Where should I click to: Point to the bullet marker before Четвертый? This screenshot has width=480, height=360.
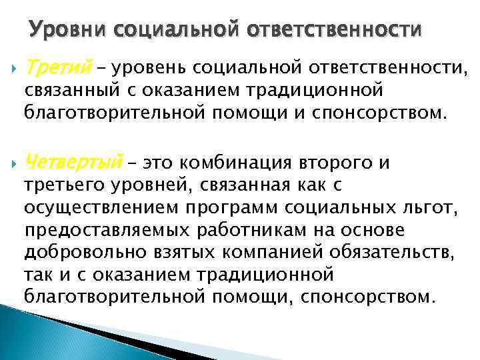tap(13, 163)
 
